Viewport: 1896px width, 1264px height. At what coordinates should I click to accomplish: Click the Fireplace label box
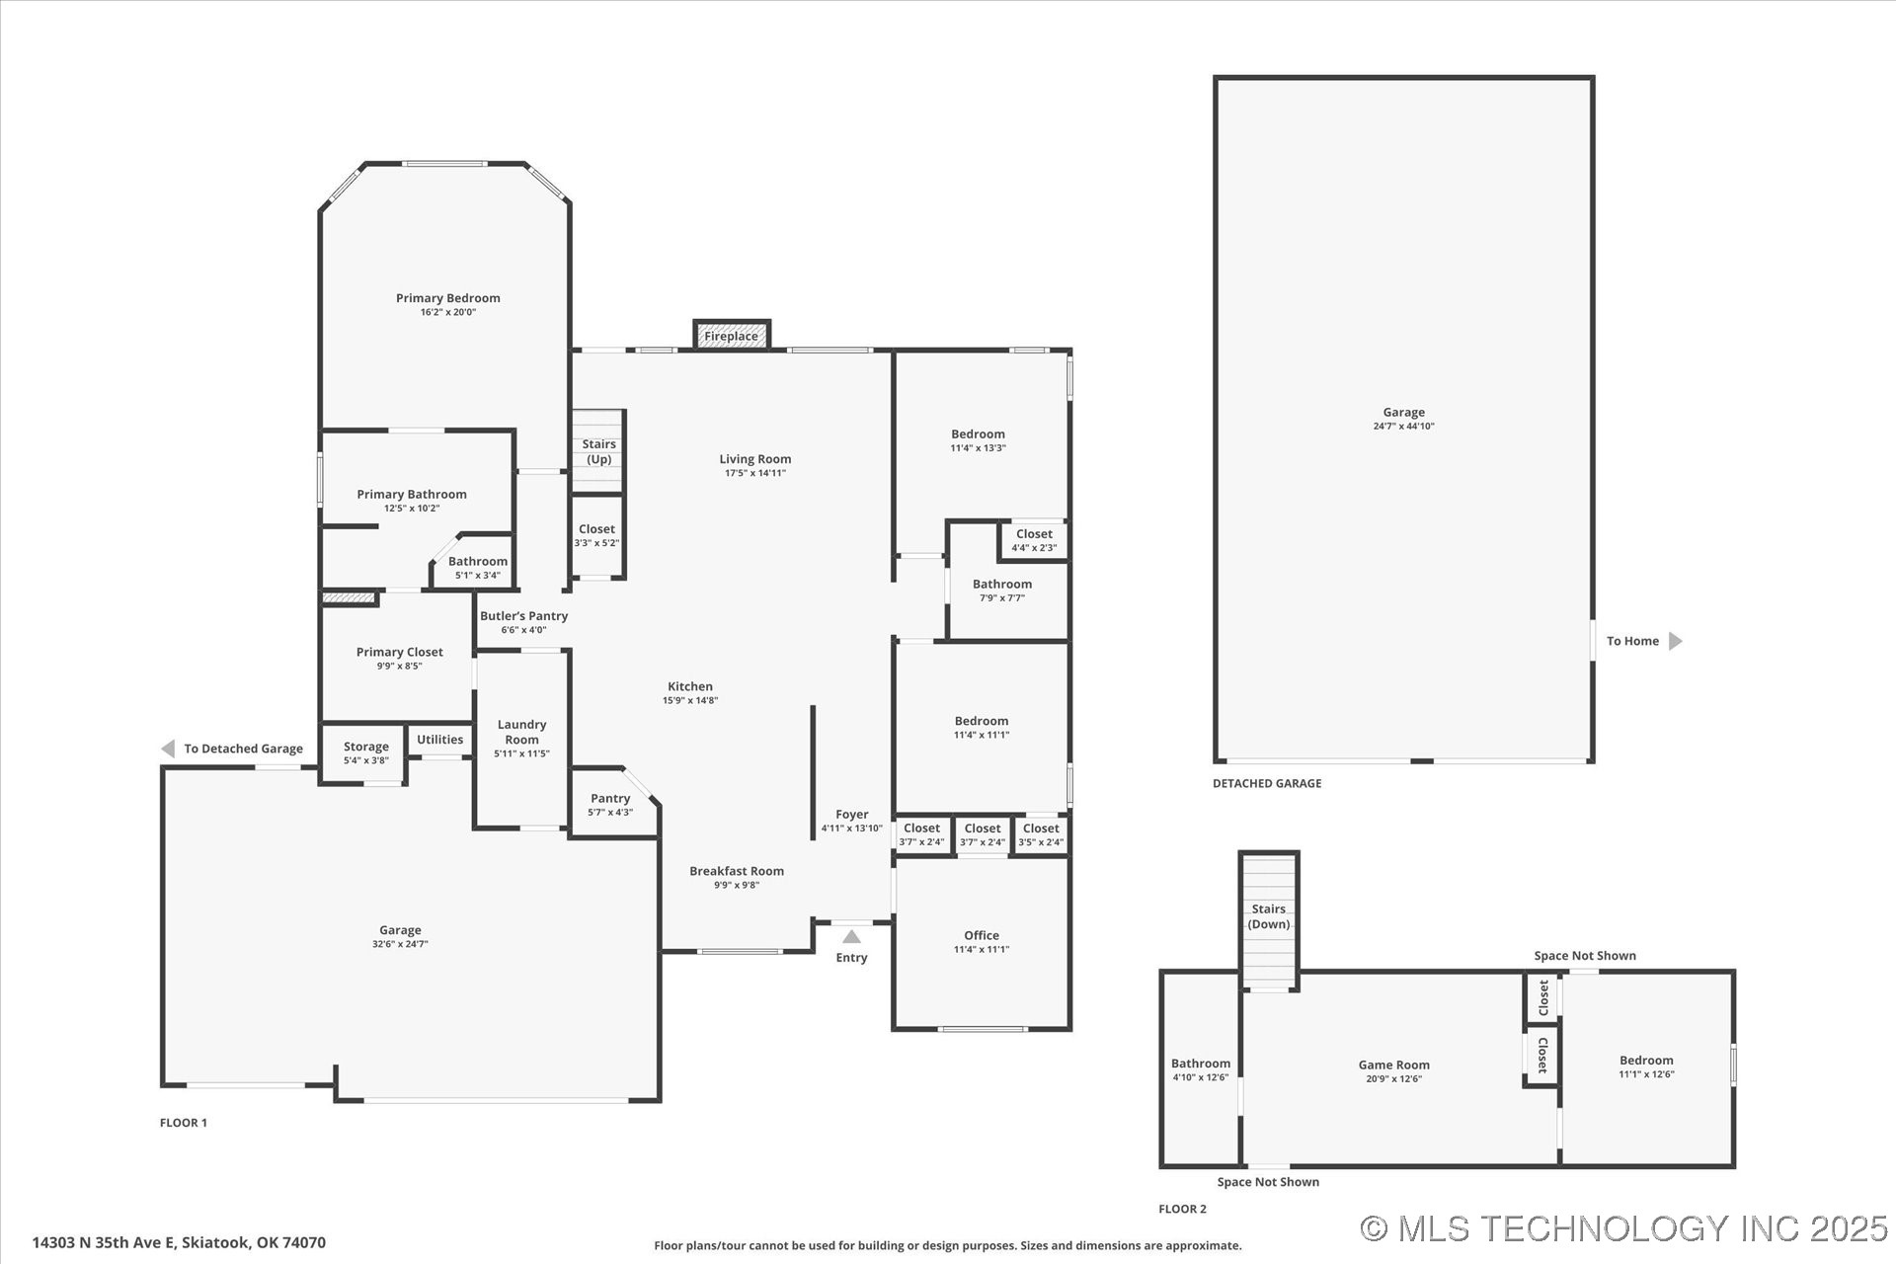tap(732, 336)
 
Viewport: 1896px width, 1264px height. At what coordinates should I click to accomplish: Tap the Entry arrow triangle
tap(851, 936)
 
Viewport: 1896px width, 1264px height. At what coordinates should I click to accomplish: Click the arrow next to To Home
tap(1675, 641)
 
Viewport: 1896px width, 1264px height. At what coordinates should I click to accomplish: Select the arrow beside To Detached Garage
tap(168, 749)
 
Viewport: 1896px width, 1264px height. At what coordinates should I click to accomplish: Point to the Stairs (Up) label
tap(599, 451)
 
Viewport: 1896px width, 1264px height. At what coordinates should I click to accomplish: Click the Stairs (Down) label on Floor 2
tap(1269, 916)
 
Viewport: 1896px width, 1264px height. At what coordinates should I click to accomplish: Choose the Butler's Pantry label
tap(524, 616)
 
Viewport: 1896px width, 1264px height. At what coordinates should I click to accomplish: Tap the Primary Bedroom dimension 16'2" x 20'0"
tap(448, 312)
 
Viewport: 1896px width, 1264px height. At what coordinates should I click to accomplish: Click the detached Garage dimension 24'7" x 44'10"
tap(1403, 427)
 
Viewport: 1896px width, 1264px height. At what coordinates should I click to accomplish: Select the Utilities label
tap(439, 740)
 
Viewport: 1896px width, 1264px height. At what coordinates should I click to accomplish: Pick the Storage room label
tap(366, 747)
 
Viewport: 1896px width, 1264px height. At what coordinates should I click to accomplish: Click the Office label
tap(982, 935)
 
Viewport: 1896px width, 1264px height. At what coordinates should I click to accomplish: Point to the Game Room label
tap(1394, 1065)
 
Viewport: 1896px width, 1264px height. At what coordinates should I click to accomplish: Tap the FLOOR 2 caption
tap(1183, 1209)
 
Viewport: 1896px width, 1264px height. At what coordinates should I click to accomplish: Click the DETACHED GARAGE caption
tap(1267, 783)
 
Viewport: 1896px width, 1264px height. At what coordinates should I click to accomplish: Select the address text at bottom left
tap(179, 1242)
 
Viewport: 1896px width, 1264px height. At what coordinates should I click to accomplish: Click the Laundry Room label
tap(522, 732)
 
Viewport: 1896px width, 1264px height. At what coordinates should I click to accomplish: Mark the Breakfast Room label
tap(737, 871)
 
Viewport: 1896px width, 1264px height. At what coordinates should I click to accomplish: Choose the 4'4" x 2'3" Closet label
tap(1034, 540)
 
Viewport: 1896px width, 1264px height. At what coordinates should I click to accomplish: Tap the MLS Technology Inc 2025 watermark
tap(1623, 1227)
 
